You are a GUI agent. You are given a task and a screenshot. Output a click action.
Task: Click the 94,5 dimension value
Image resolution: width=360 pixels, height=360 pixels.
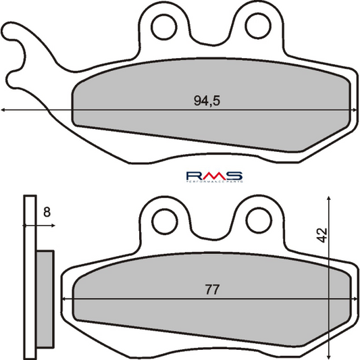pyautogui.click(x=207, y=101)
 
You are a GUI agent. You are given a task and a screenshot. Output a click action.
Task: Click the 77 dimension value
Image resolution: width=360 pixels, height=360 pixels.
pyautogui.click(x=211, y=290)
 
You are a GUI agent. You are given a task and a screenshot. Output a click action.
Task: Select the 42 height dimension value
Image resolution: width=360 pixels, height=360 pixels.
pyautogui.click(x=322, y=235)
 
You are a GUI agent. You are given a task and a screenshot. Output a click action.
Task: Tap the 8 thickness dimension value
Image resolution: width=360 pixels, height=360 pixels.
pyautogui.click(x=46, y=212)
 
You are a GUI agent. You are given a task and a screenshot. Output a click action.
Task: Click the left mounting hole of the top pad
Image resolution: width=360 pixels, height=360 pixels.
pyautogui.click(x=162, y=26)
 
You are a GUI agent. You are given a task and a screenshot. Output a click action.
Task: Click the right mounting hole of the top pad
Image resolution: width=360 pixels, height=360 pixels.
pyautogui.click(x=257, y=26)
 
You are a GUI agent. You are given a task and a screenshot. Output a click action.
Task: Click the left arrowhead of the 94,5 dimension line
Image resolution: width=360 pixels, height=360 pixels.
pyautogui.click(x=4, y=110)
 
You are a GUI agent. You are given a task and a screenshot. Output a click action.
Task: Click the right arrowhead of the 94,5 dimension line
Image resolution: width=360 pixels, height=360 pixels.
pyautogui.click(x=355, y=110)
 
